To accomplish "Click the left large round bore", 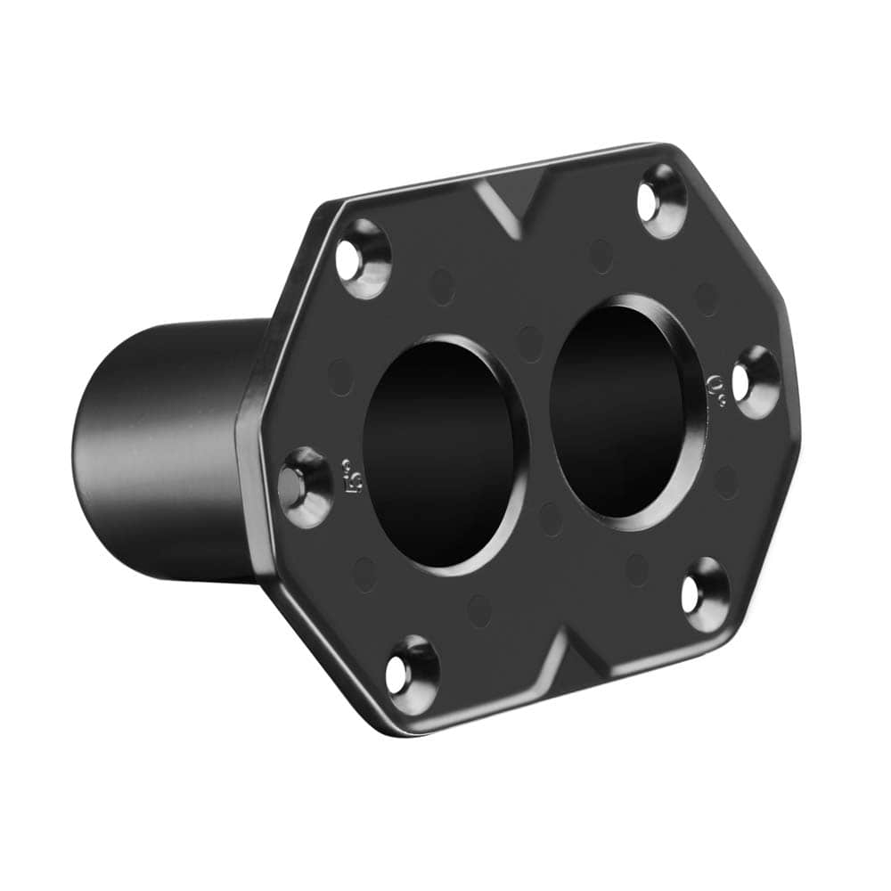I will click(x=441, y=454).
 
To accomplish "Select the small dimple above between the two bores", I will click(x=530, y=343).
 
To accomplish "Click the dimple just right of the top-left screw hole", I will click(x=442, y=286).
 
